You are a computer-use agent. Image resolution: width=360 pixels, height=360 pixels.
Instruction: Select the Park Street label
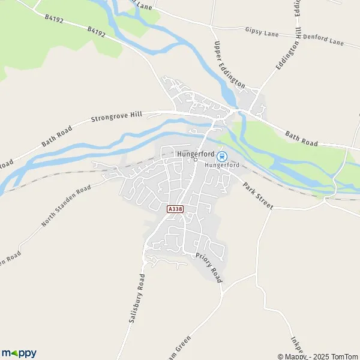[x=257, y=195]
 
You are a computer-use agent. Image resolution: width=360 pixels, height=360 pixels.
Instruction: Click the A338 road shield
[x=175, y=209]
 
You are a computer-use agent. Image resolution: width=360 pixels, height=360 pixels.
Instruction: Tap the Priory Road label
[x=208, y=268]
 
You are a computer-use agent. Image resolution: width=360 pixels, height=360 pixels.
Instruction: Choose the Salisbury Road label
[x=137, y=299]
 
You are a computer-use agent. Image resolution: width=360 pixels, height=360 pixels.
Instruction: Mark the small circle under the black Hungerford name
[x=195, y=160]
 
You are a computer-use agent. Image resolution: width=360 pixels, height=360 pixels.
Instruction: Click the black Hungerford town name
[x=196, y=153]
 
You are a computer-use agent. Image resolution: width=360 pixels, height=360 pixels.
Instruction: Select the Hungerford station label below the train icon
[x=222, y=165]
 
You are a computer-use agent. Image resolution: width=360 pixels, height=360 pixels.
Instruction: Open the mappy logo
[x=19, y=353]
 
